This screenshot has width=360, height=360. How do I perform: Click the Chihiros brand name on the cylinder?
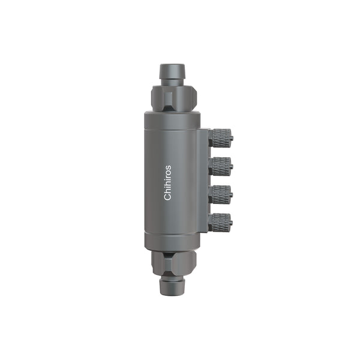[x=167, y=182]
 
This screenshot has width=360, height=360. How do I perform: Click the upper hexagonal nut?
[x=174, y=97]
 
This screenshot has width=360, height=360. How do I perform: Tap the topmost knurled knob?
[x=221, y=138]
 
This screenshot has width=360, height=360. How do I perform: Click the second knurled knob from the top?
[x=220, y=166]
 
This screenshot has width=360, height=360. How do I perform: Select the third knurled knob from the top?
[x=220, y=194]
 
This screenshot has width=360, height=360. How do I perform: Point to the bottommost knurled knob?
[x=220, y=223]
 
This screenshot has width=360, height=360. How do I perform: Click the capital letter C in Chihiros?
[x=167, y=197]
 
